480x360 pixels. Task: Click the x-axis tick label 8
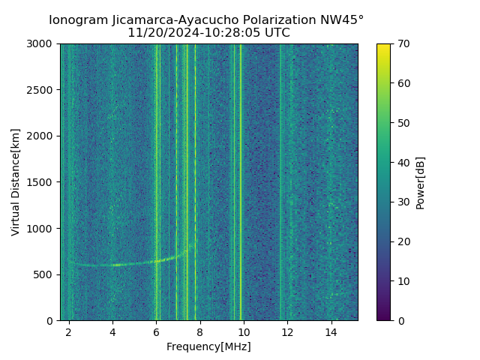[x=200, y=332]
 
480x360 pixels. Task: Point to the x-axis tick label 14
[x=331, y=332]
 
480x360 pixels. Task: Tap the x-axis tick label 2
[x=69, y=332]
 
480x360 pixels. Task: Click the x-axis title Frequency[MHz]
[x=208, y=346]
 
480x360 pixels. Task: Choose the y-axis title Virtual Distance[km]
[x=16, y=182]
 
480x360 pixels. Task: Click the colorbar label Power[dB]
[x=421, y=182]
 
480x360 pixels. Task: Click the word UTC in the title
[x=276, y=33]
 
